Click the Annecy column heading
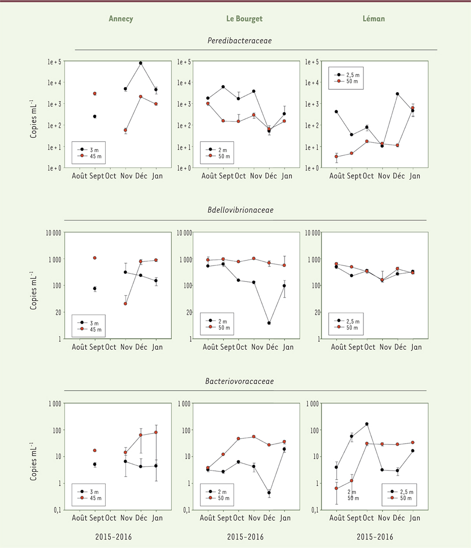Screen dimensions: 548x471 tap(121, 18)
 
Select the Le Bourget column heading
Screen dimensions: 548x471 tap(244, 18)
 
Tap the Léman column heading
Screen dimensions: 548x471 tap(373, 18)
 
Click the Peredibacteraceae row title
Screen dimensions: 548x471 tap(239, 41)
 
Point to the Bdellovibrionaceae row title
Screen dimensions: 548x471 tap(240, 210)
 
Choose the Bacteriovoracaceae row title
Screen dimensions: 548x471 tap(239, 381)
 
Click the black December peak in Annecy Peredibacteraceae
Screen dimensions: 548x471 tap(141, 63)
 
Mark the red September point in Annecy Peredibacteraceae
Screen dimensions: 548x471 tap(95, 93)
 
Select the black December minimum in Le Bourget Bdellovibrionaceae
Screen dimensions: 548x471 tap(269, 323)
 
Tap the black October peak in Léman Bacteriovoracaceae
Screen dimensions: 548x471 tap(367, 424)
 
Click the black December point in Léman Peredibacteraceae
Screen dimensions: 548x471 tap(397, 94)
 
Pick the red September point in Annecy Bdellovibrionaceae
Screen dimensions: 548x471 tap(95, 258)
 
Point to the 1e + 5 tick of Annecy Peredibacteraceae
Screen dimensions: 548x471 tap(54, 62)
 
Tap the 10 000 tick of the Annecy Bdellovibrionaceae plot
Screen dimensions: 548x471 tap(53, 233)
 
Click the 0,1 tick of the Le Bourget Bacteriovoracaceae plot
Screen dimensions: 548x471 tap(185, 510)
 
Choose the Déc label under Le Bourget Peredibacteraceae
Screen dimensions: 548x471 tap(271, 176)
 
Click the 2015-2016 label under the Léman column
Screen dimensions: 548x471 tap(375, 537)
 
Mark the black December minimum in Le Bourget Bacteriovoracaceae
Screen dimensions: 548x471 tap(269, 493)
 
